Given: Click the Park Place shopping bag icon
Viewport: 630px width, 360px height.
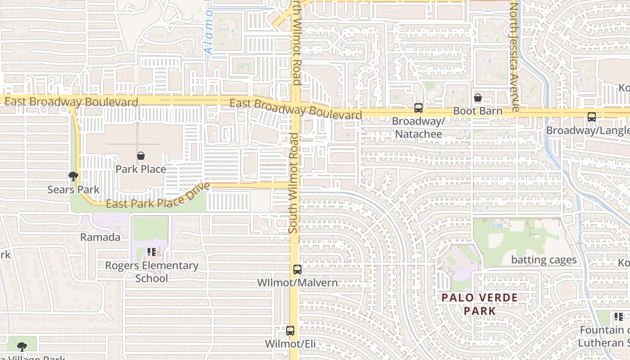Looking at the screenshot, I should pos(141,156).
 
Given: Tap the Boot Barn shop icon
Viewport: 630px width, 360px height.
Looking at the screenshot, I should pos(478,98).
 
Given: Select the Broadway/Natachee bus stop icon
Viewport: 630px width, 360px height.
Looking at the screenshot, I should pos(418,108).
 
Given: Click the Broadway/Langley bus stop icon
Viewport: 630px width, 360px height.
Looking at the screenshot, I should pos(592,117).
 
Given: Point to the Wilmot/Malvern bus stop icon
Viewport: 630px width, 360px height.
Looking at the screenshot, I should pos(297,270).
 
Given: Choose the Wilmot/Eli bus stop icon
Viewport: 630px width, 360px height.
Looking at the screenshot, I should pos(290,331).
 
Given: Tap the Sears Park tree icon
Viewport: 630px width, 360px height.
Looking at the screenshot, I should pos(73,176).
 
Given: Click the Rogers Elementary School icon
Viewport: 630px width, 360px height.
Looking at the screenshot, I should pos(152,252).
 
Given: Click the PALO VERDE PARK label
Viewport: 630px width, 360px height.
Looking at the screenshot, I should pos(479,304).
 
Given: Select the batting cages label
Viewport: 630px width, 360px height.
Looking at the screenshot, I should pos(544,260).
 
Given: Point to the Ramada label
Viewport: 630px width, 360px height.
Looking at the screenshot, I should pos(100,237).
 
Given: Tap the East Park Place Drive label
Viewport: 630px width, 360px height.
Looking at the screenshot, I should pos(158,198).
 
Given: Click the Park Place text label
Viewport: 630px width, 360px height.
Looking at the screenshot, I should pos(141,169).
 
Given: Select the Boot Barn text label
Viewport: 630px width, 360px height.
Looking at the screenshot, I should pos(477,111).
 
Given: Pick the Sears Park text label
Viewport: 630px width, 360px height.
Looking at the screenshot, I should pos(73,189).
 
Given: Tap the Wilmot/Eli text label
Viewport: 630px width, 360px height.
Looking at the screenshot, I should pos(290,344).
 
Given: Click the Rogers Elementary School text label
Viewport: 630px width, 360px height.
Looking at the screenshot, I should pos(152,272).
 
